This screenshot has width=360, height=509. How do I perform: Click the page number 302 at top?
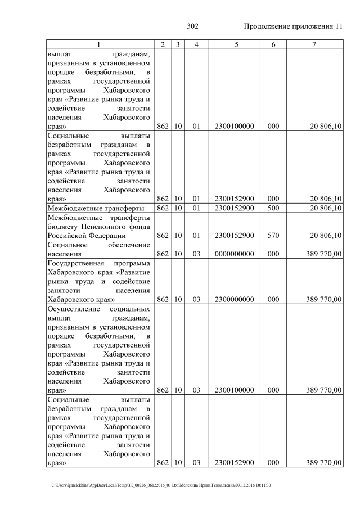192,26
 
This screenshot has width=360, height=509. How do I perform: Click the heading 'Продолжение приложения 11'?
292,26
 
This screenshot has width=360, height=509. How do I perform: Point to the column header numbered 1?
98,44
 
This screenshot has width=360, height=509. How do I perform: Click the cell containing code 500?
273,208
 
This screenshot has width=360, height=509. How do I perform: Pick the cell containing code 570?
273,236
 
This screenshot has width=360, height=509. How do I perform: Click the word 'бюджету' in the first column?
62,227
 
